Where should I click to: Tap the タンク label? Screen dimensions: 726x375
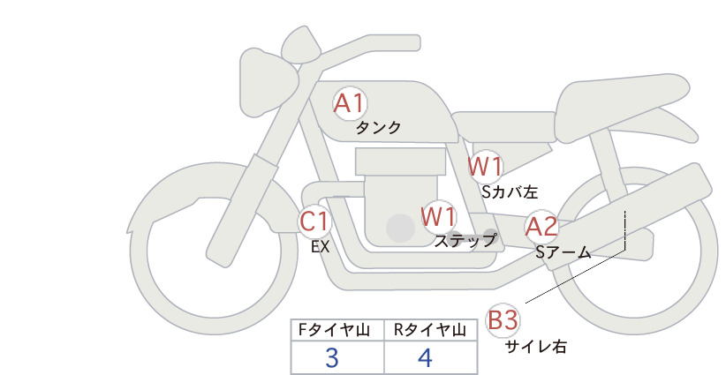[378, 128]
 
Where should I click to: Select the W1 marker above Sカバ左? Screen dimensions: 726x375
[485, 167]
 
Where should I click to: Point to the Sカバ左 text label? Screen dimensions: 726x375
[510, 191]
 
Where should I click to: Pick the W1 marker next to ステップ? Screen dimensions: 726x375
[438, 217]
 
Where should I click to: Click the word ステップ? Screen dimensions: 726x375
[465, 241]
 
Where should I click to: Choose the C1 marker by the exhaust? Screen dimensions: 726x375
[314, 221]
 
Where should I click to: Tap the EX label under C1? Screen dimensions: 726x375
[320, 247]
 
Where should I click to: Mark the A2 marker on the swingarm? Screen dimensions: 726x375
[541, 227]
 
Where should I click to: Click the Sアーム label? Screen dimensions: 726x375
[563, 252]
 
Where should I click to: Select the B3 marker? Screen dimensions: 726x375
[503, 320]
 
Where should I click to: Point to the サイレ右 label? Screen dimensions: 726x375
[536, 347]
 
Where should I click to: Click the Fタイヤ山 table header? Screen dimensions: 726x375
[334, 330]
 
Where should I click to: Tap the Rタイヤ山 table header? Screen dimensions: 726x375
[429, 330]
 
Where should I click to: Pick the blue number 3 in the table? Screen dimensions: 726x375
[332, 357]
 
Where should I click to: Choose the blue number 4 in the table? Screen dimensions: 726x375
[425, 357]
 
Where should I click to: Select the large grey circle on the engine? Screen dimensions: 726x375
[400, 228]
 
